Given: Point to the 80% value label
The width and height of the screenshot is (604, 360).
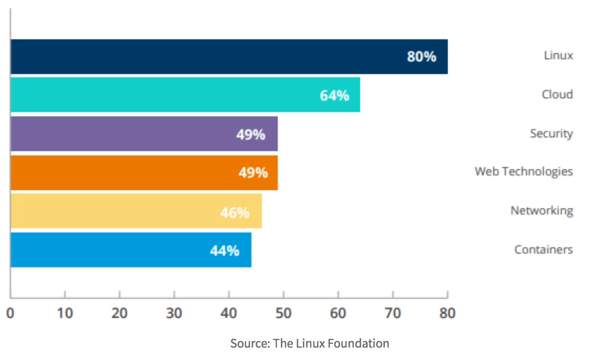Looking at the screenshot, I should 421,57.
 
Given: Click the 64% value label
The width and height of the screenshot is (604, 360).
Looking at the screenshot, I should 334,96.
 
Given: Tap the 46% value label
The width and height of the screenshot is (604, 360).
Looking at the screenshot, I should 235,213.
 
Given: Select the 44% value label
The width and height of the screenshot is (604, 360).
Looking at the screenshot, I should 224,251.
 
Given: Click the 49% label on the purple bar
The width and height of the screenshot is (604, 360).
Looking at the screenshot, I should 251,135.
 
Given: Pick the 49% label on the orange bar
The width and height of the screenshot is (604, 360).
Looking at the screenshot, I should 253,173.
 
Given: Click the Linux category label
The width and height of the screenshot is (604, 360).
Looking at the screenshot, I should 558,56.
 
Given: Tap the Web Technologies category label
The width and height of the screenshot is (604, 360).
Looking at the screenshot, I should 524,172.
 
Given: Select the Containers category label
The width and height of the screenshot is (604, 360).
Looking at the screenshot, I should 543,249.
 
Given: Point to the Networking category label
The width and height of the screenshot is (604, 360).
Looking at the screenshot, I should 542,211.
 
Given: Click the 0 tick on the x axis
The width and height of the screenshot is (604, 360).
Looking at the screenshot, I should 10,313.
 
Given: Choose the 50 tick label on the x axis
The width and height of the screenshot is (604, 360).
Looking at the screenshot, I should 283,313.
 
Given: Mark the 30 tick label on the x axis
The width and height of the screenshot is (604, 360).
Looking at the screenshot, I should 174,313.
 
